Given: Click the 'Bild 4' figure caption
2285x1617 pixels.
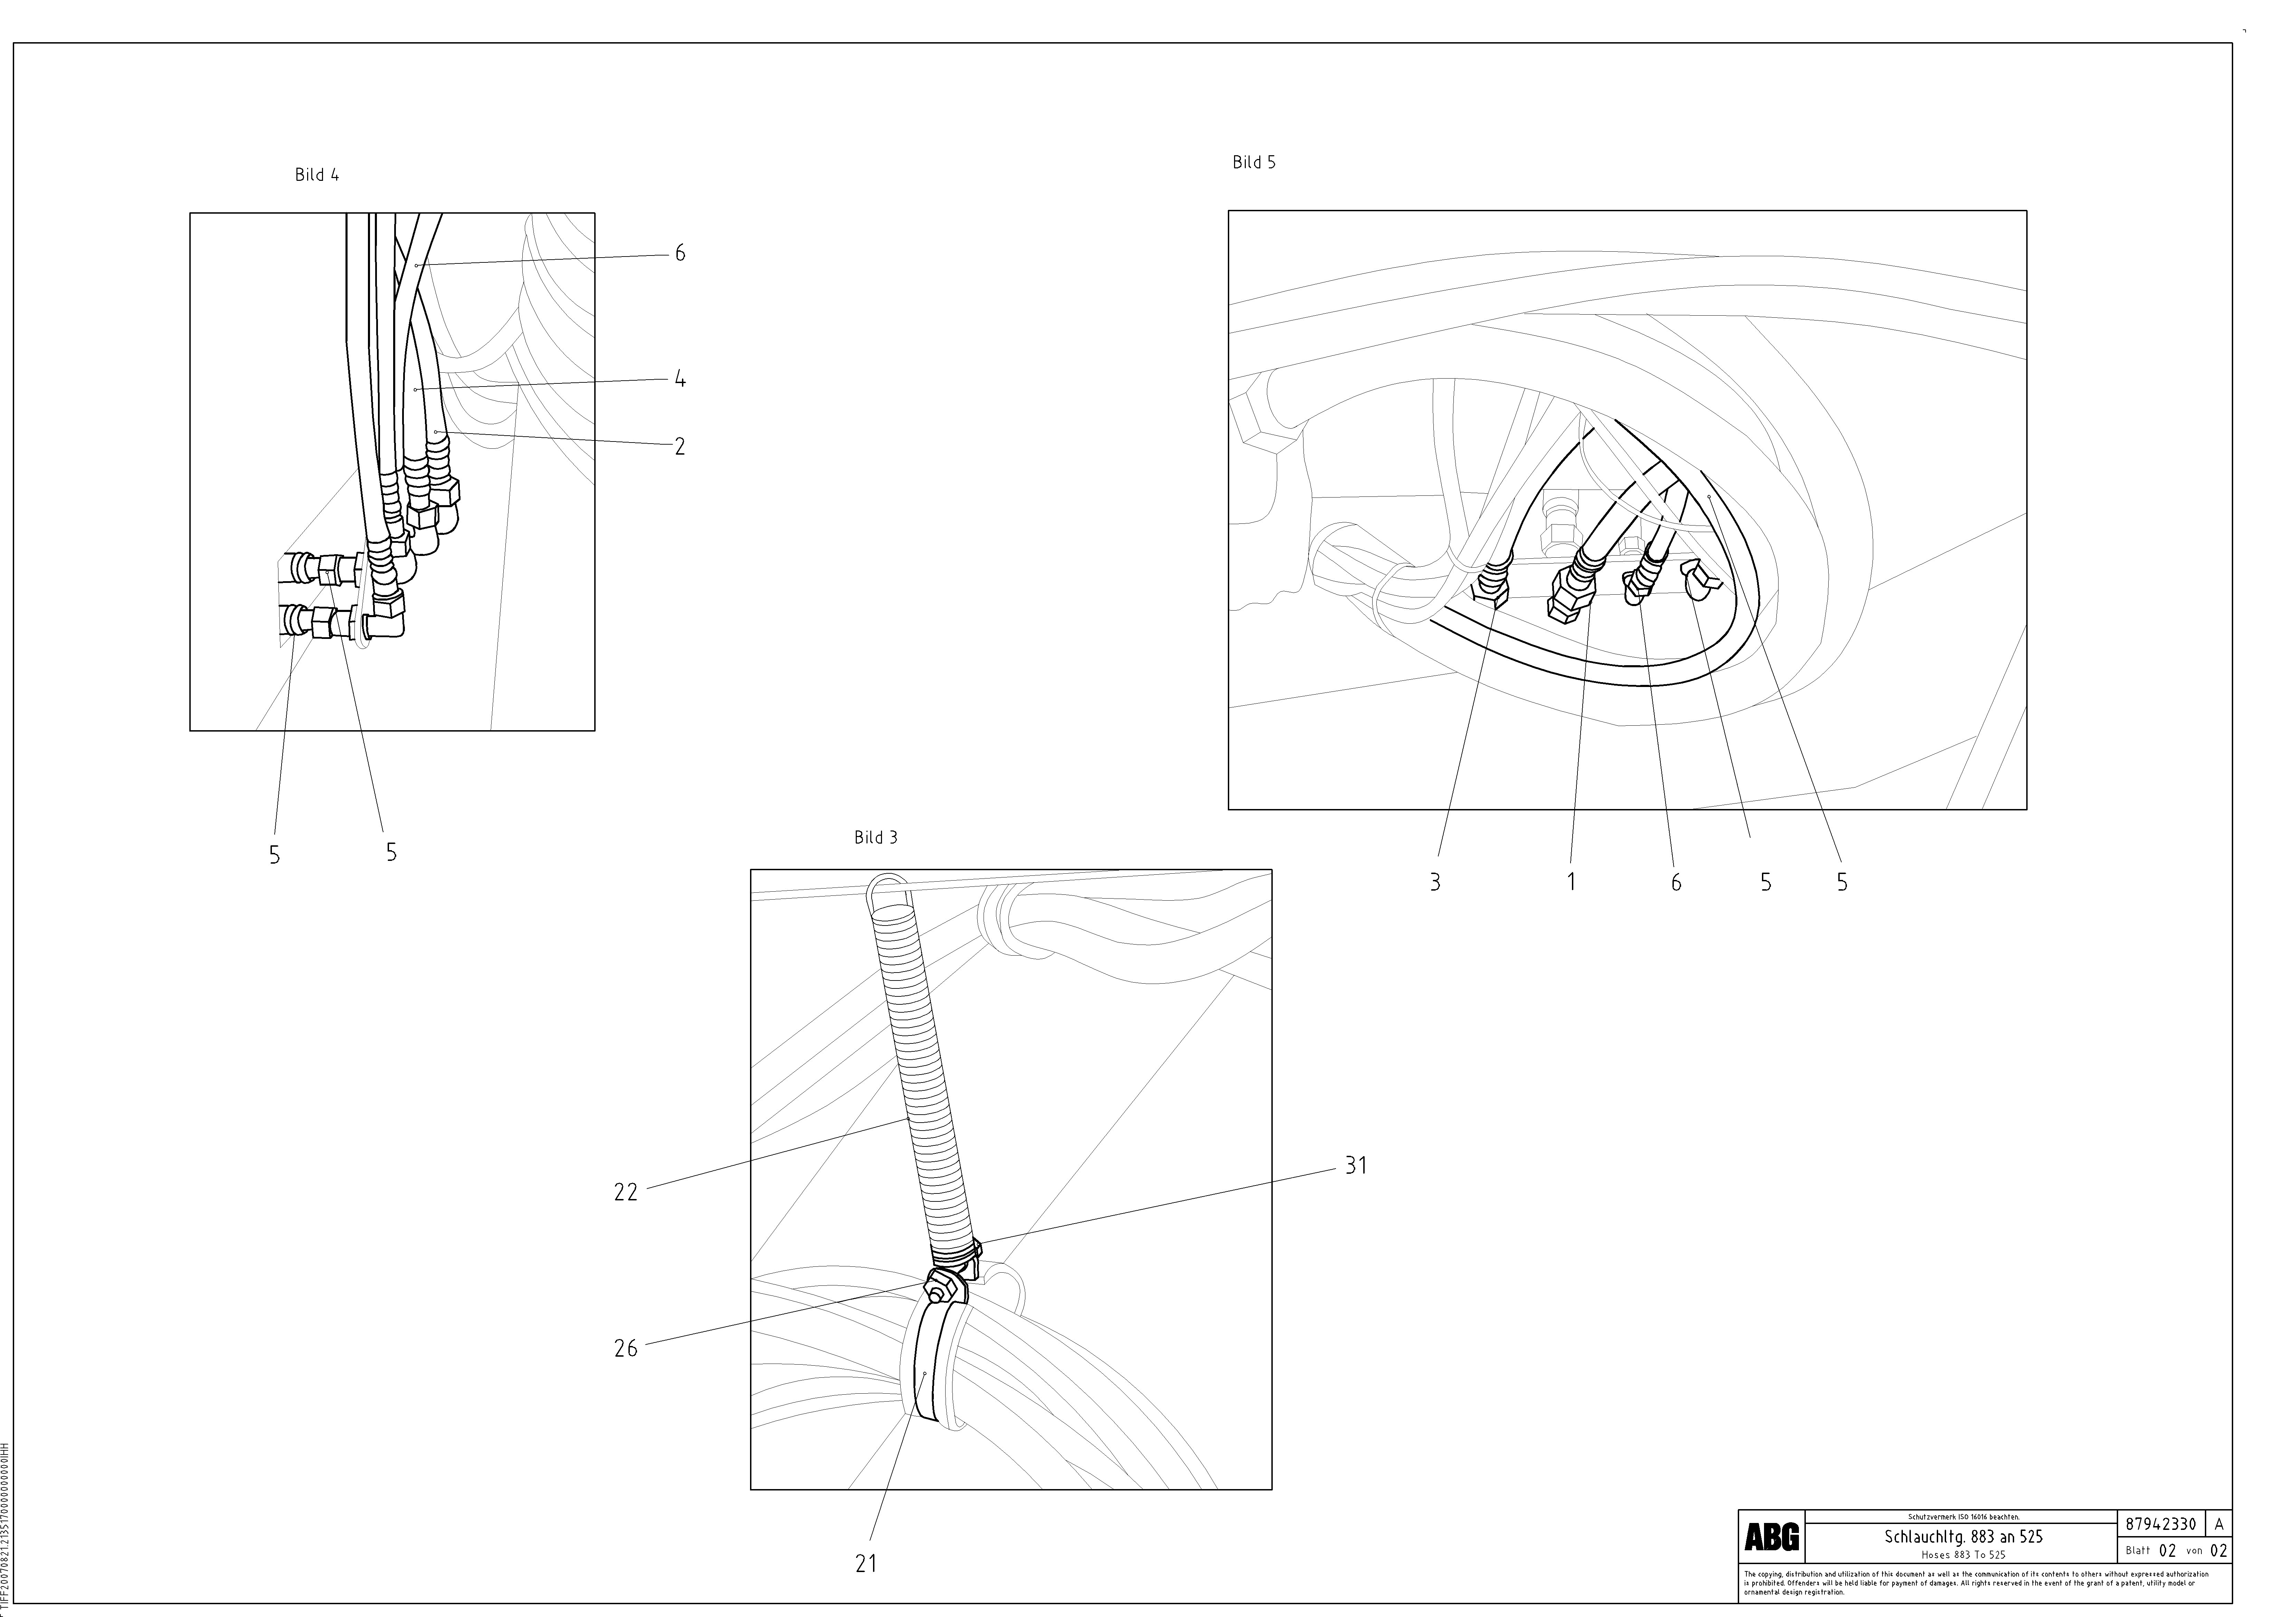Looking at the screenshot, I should pyautogui.click(x=316, y=175).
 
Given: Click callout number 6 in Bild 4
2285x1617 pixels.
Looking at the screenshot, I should pyautogui.click(x=680, y=254).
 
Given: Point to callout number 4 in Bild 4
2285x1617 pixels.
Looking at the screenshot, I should pyautogui.click(x=680, y=379).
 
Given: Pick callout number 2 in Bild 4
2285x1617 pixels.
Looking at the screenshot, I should pyautogui.click(x=680, y=447).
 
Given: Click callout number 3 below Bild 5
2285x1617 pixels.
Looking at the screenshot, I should pyautogui.click(x=1434, y=882).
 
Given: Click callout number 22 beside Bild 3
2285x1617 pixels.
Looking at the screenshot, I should pyautogui.click(x=625, y=1192).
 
